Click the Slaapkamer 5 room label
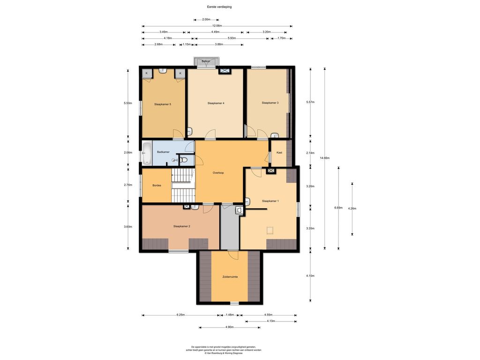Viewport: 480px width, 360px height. point(163,105)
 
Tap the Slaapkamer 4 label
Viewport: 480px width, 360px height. point(216,104)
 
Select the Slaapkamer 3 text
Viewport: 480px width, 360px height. point(270,103)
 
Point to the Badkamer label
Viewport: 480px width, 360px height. point(163,152)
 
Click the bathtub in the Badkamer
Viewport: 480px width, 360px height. point(147,153)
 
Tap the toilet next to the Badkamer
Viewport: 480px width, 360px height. point(183,160)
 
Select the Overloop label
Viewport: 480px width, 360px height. point(218,173)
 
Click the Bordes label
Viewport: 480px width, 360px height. point(157,186)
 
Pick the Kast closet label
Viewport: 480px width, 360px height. point(279,152)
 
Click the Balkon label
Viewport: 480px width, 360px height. point(206,61)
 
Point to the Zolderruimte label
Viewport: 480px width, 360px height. point(230,277)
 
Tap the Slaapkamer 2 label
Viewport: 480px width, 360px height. point(181,226)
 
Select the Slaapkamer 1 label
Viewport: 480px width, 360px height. point(270,201)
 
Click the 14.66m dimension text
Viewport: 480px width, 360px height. point(324,158)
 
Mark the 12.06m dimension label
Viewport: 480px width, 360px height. point(217,26)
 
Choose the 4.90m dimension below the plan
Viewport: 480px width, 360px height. point(229,327)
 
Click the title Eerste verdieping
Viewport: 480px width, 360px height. point(219,7)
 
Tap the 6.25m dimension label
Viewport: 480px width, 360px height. point(180,315)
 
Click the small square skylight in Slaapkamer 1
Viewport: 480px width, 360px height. point(270,230)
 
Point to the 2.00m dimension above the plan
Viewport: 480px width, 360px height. point(206,20)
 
